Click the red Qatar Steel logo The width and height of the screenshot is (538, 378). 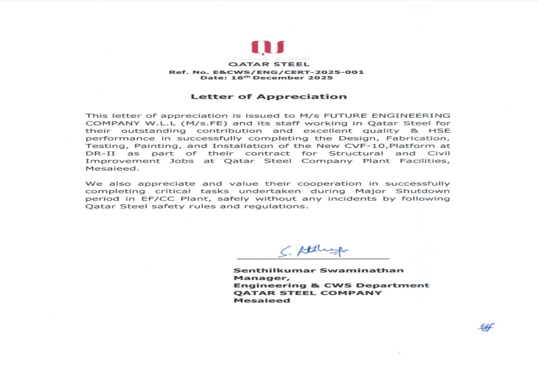pyautogui.click(x=268, y=48)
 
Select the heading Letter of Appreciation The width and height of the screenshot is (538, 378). pyautogui.click(x=268, y=97)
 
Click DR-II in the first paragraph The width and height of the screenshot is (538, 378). pyautogui.click(x=100, y=153)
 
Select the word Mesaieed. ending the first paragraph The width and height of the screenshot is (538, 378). pyautogui.click(x=112, y=169)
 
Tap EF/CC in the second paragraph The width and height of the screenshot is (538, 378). pyautogui.click(x=156, y=199)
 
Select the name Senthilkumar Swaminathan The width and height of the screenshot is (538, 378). pyautogui.click(x=318, y=271)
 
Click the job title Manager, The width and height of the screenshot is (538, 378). pyautogui.click(x=261, y=278)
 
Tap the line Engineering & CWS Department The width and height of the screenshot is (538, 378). pyautogui.click(x=331, y=285)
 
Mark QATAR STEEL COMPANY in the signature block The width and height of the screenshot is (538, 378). pyautogui.click(x=307, y=293)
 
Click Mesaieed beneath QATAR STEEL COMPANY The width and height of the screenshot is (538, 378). pyautogui.click(x=262, y=301)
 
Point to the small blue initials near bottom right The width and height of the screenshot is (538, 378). pyautogui.click(x=486, y=327)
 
